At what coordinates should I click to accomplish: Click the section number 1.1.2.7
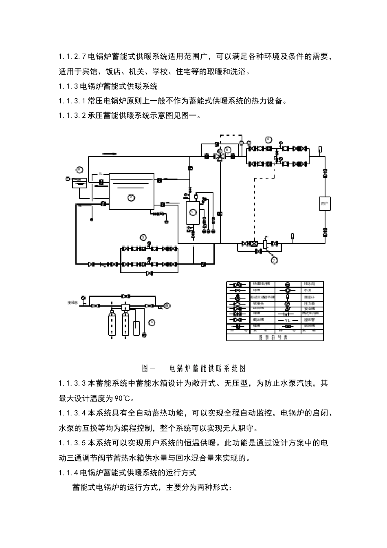click(x=72, y=57)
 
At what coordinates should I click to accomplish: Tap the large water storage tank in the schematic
click(x=131, y=191)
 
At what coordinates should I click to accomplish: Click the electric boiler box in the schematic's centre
click(x=192, y=212)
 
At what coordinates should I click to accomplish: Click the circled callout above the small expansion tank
click(x=80, y=170)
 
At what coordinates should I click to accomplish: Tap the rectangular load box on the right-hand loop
click(x=325, y=203)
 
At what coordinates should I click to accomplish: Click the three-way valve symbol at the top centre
click(x=220, y=156)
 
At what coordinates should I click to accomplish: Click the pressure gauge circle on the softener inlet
click(x=84, y=297)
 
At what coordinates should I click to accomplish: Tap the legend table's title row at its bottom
click(x=275, y=338)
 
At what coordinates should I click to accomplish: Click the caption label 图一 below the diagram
click(x=148, y=368)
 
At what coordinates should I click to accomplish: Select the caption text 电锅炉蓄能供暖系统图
click(x=207, y=368)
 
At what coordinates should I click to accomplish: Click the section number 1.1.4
click(x=68, y=473)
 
